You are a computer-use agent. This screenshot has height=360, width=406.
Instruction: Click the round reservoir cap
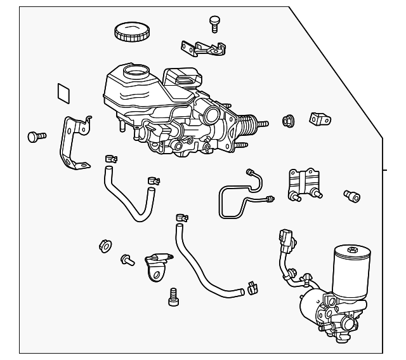[131, 31]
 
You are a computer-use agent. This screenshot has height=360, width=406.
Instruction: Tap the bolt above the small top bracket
[214, 23]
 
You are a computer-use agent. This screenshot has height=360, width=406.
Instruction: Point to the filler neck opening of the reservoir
[134, 72]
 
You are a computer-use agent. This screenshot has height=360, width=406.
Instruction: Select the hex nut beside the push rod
[286, 119]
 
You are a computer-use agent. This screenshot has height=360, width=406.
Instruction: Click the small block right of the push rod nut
[318, 119]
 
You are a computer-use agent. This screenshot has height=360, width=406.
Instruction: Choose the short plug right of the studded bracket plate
[351, 196]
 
